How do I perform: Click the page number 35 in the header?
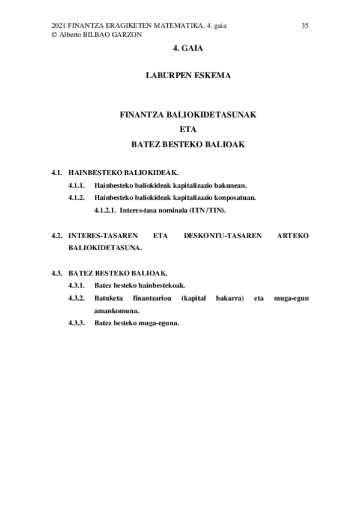pos(305,25)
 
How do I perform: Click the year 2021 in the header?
pos(59,25)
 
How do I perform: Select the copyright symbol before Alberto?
pos(55,35)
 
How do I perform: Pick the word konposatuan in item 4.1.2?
pos(235,198)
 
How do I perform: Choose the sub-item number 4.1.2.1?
pos(105,210)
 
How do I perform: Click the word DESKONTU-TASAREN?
pos(222,235)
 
